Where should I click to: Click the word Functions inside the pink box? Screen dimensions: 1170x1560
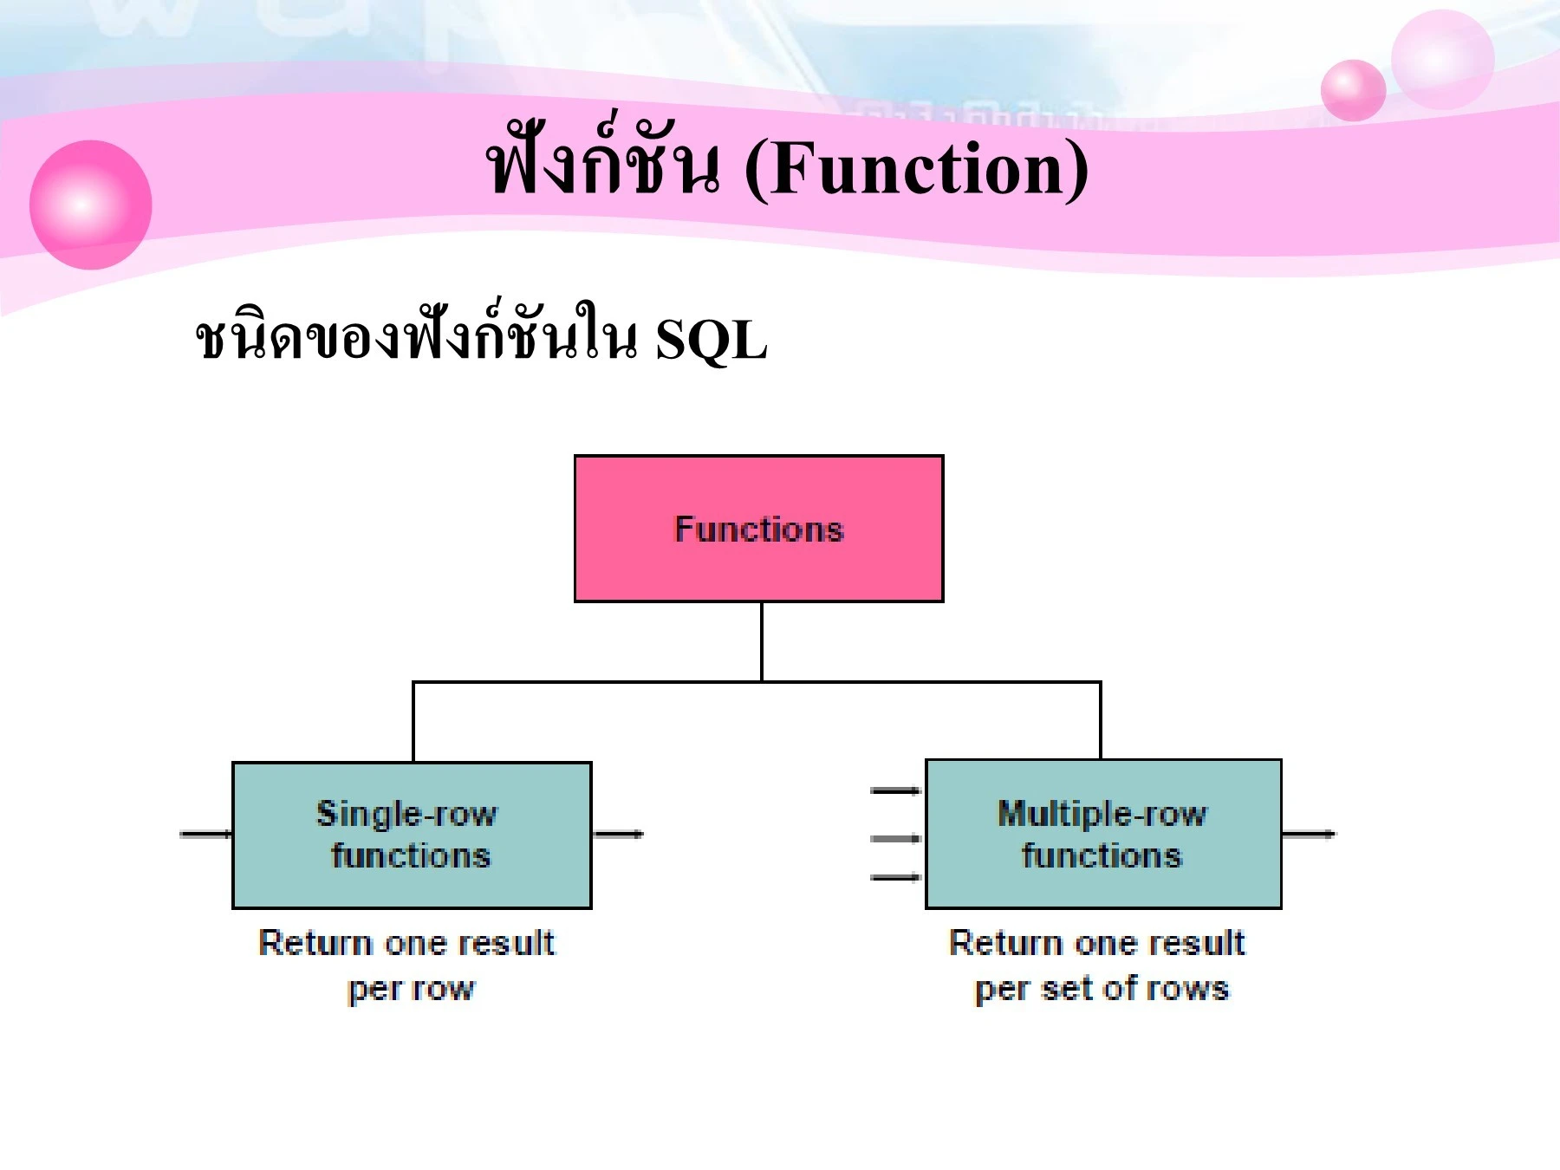[758, 529]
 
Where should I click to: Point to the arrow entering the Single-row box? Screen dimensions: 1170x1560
[205, 834]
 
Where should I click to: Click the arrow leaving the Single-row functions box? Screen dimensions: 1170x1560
[618, 834]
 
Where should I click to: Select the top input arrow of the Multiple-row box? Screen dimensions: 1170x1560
[895, 790]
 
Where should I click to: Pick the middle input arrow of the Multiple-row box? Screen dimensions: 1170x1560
[895, 837]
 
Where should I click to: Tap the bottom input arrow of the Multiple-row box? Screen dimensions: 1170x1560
[895, 877]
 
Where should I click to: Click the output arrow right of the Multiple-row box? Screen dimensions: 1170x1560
[1308, 834]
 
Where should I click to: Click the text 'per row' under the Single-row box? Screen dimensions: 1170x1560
[412, 989]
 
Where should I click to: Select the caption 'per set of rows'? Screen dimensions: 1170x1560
[1102, 989]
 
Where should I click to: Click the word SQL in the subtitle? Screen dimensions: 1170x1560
[711, 340]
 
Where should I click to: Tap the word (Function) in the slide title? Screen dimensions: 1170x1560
[916, 168]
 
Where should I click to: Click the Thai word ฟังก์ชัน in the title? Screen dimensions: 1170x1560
[602, 165]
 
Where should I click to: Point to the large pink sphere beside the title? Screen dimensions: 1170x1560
[90, 205]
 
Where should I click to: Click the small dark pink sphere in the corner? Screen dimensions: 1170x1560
[1353, 90]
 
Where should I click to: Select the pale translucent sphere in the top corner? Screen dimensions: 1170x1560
[1442, 59]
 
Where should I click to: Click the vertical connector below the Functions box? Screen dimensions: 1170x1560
[761, 641]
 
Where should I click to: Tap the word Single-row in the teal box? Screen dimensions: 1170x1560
[406, 814]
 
